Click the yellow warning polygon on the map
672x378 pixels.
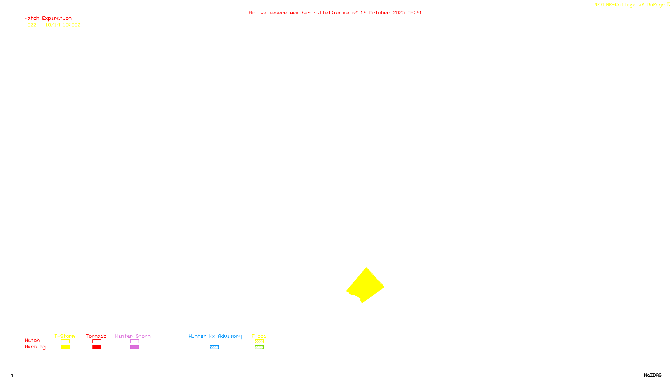pyautogui.click(x=365, y=286)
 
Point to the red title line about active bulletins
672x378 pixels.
pyautogui.click(x=335, y=13)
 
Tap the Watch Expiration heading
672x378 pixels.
pyautogui.click(x=48, y=18)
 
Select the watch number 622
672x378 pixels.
pyautogui.click(x=32, y=25)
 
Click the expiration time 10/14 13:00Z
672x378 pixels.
pyautogui.click(x=63, y=25)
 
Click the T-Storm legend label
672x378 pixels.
pyautogui.click(x=65, y=336)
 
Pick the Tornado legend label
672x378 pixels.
pyautogui.click(x=96, y=336)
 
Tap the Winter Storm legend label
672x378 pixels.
pyautogui.click(x=133, y=336)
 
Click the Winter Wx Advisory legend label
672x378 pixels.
pyautogui.click(x=215, y=336)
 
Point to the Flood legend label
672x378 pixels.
pyautogui.click(x=259, y=336)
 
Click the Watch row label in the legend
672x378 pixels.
pyautogui.click(x=32, y=340)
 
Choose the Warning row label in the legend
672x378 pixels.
pyautogui.click(x=35, y=347)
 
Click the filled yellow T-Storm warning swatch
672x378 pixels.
pyautogui.click(x=65, y=347)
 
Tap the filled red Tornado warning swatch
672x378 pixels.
pyautogui.click(x=97, y=347)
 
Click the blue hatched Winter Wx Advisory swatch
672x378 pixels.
pyautogui.click(x=214, y=347)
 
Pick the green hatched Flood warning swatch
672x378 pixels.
pyautogui.click(x=259, y=347)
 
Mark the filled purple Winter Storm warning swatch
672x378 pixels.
pyautogui.click(x=134, y=347)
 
